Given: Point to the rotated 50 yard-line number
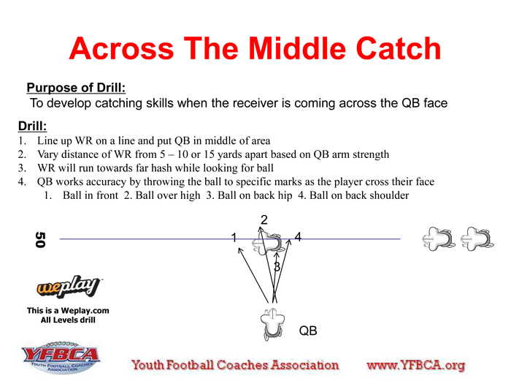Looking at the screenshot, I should click(39, 240).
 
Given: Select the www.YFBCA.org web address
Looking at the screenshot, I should click(415, 365).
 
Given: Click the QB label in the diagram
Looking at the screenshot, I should click(308, 331).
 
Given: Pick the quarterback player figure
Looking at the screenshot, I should click(272, 323).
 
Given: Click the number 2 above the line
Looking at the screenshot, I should click(264, 219).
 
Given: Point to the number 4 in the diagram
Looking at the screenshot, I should click(297, 237).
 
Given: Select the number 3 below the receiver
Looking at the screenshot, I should click(277, 267).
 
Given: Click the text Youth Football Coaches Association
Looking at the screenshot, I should click(235, 365).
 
